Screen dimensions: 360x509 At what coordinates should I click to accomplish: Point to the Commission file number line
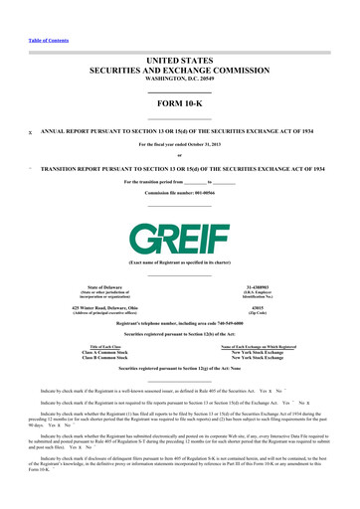coord(180,164)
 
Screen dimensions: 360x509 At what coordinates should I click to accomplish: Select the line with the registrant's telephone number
coord(180,298)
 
